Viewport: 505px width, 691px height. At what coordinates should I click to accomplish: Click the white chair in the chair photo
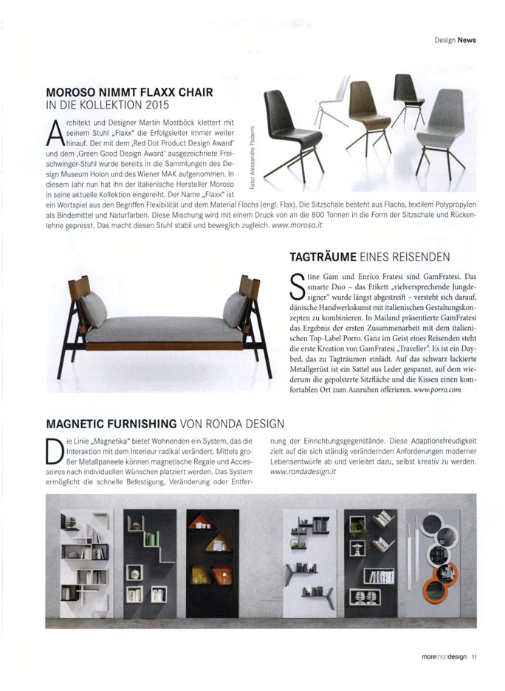pos(336,100)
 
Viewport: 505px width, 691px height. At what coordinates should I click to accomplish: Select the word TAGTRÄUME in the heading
pos(321,256)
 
